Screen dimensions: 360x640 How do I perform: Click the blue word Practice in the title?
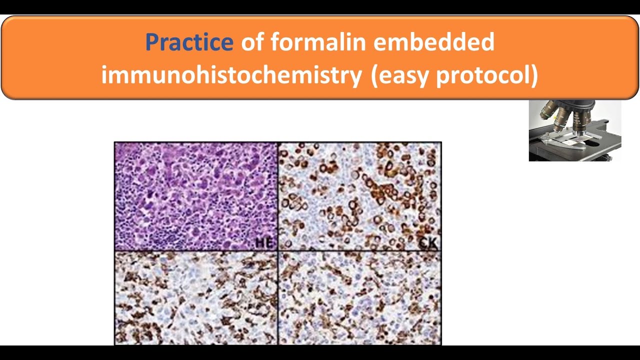[188, 42]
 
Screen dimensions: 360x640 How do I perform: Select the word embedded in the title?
[434, 42]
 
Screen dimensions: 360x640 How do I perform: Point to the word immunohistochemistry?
[231, 75]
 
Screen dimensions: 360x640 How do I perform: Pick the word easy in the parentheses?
[403, 75]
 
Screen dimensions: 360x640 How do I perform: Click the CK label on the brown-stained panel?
[428, 243]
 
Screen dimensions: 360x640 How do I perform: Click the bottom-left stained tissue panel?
[195, 297]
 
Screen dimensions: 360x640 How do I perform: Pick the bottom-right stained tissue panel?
[359, 297]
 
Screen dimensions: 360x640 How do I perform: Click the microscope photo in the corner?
[575, 130]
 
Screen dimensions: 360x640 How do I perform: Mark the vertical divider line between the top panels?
[277, 196]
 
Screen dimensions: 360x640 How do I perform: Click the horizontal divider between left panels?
[195, 250]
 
